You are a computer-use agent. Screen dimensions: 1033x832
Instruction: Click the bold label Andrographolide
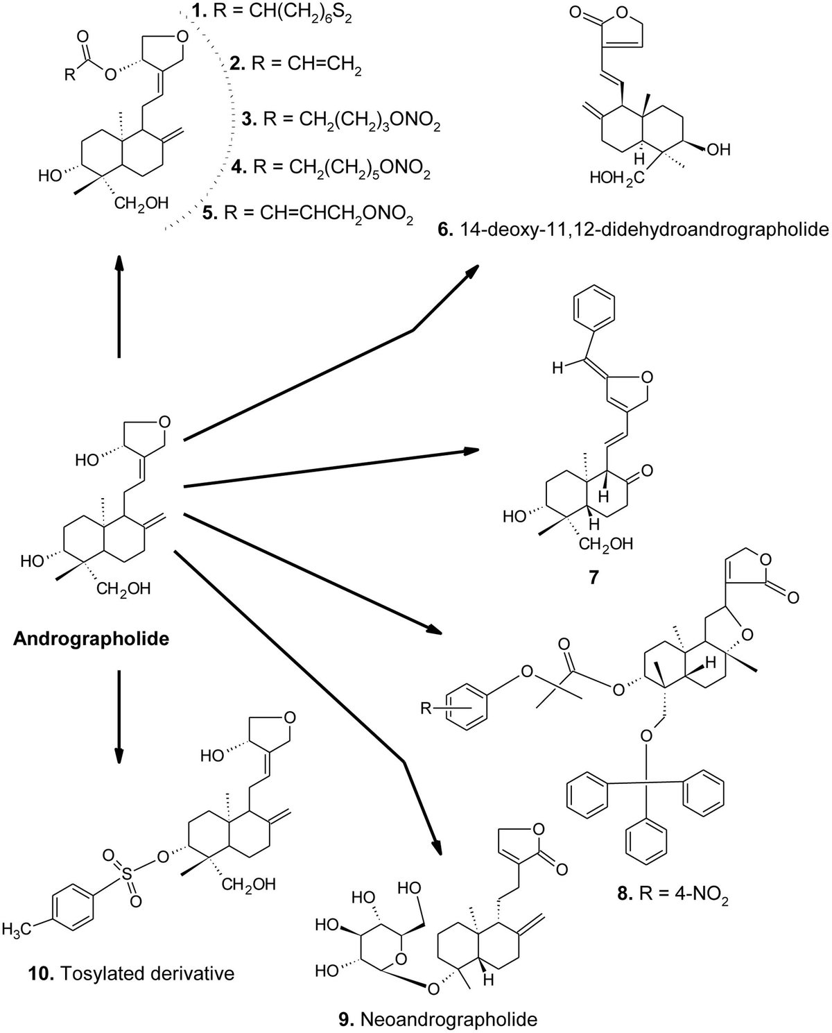point(92,638)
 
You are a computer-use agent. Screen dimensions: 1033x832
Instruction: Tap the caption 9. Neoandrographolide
point(438,1019)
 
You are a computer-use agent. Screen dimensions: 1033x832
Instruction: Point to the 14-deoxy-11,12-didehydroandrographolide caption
point(633,229)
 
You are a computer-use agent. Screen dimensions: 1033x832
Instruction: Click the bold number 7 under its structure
point(593,577)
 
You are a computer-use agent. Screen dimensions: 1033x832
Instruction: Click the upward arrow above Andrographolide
point(119,305)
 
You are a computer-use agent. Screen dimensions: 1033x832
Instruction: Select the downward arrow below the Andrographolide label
point(119,715)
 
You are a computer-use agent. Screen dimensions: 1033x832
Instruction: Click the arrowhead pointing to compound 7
point(471,451)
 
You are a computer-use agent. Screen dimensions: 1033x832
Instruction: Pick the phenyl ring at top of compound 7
point(594,316)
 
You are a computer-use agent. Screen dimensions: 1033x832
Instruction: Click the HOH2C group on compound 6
point(617,178)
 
